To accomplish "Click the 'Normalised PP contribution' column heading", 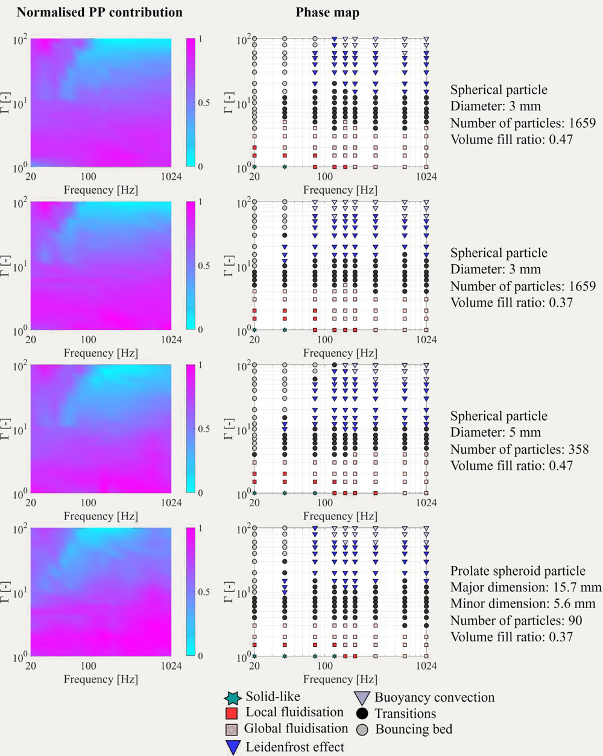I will pyautogui.click(x=99, y=12).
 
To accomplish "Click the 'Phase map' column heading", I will pyautogui.click(x=327, y=12).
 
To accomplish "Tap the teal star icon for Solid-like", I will pyautogui.click(x=233, y=698).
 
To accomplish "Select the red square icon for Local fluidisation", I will pyautogui.click(x=233, y=713).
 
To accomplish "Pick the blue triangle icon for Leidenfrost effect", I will pyautogui.click(x=233, y=747).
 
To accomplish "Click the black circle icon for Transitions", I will pyautogui.click(x=362, y=714).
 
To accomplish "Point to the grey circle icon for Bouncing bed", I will pyautogui.click(x=362, y=729).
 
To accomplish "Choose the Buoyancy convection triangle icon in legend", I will pyautogui.click(x=362, y=698).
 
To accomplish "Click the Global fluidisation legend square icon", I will pyautogui.click(x=233, y=729).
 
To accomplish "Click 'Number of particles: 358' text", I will pyautogui.click(x=519, y=449).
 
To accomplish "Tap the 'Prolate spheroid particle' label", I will pyautogui.click(x=518, y=571).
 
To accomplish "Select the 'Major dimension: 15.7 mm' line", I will pyautogui.click(x=526, y=588).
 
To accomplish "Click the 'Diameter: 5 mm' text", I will pyautogui.click(x=496, y=433).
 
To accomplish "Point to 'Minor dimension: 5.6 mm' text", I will pyautogui.click(x=523, y=604).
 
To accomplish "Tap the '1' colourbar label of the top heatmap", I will pyautogui.click(x=201, y=39).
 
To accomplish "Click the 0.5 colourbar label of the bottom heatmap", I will pyautogui.click(x=204, y=592).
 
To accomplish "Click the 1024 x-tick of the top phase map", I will pyautogui.click(x=427, y=177).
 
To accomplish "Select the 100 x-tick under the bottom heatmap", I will pyautogui.click(x=88, y=666).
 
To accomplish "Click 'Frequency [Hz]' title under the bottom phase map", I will pyautogui.click(x=340, y=679).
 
